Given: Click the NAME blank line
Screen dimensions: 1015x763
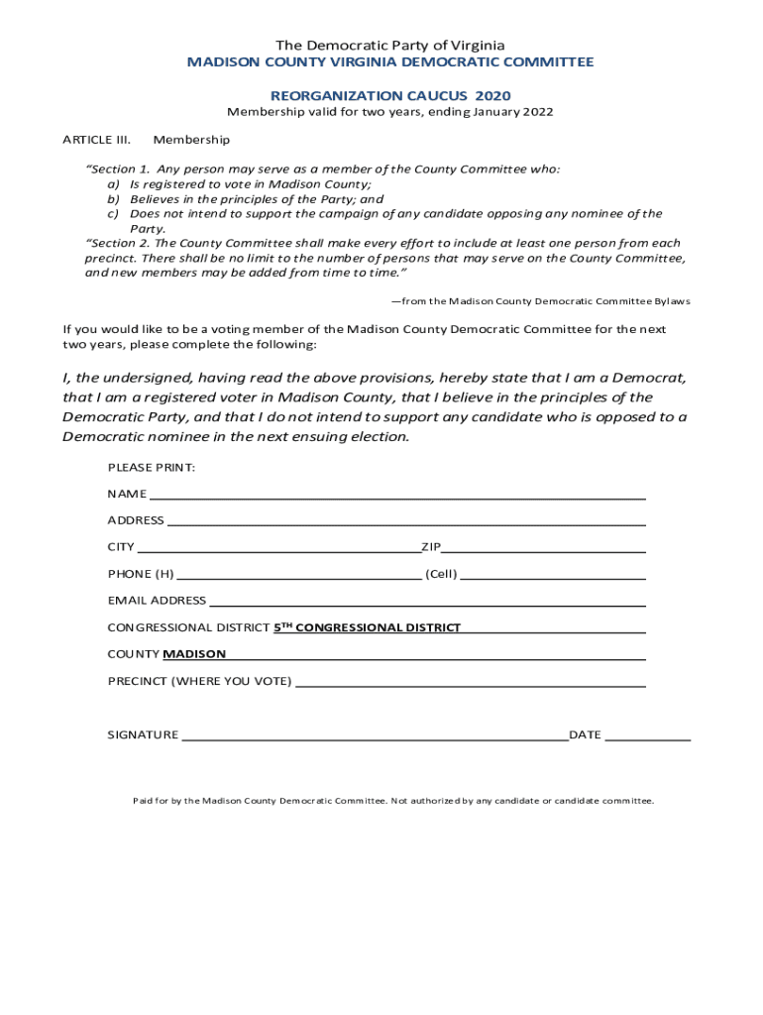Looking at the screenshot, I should [396, 496].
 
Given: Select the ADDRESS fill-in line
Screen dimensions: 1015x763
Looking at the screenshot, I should [406, 522].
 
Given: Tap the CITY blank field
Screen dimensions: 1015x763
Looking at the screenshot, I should [278, 549].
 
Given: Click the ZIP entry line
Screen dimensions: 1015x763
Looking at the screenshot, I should [544, 549].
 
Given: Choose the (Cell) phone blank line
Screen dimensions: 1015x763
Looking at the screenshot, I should [553, 576].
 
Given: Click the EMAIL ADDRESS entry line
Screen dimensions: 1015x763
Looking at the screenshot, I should [427, 603].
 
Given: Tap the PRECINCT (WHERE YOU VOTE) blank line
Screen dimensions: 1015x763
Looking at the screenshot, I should [471, 683].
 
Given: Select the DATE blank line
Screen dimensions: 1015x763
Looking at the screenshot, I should [648, 737].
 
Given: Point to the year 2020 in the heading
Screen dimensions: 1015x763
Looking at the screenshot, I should [492, 96].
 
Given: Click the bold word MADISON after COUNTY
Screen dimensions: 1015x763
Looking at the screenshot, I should [194, 654].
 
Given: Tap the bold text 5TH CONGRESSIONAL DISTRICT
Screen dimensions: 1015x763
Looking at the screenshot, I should [367, 627].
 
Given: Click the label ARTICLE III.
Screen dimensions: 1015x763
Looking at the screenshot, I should [97, 140].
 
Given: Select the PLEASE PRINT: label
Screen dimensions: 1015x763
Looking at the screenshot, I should [152, 467].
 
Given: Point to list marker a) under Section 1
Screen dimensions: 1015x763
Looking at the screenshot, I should [114, 184].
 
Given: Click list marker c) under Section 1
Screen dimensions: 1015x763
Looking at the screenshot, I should [114, 214].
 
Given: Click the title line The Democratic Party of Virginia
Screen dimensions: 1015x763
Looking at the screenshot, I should [390, 46].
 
